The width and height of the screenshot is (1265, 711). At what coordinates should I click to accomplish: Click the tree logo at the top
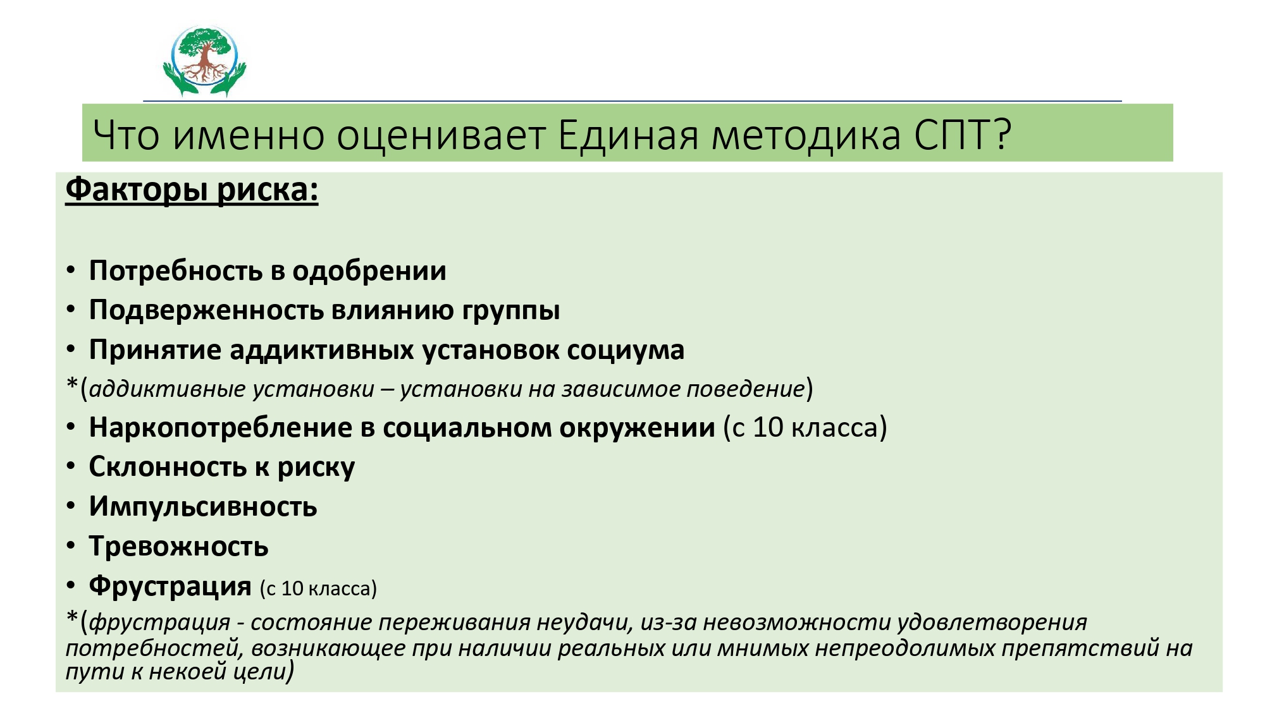coord(204,61)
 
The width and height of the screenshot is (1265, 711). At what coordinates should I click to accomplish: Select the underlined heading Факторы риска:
coord(192,190)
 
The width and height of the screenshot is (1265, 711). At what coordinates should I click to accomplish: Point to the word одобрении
coord(369,271)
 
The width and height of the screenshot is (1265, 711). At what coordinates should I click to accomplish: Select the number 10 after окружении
coord(768,428)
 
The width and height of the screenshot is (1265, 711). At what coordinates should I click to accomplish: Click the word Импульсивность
coord(203,507)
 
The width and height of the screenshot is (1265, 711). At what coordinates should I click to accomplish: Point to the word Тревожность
coord(179,547)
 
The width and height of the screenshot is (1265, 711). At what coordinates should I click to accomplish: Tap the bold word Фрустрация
coord(170,586)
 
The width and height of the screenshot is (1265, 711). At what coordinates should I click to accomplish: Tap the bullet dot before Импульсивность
coord(71,506)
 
